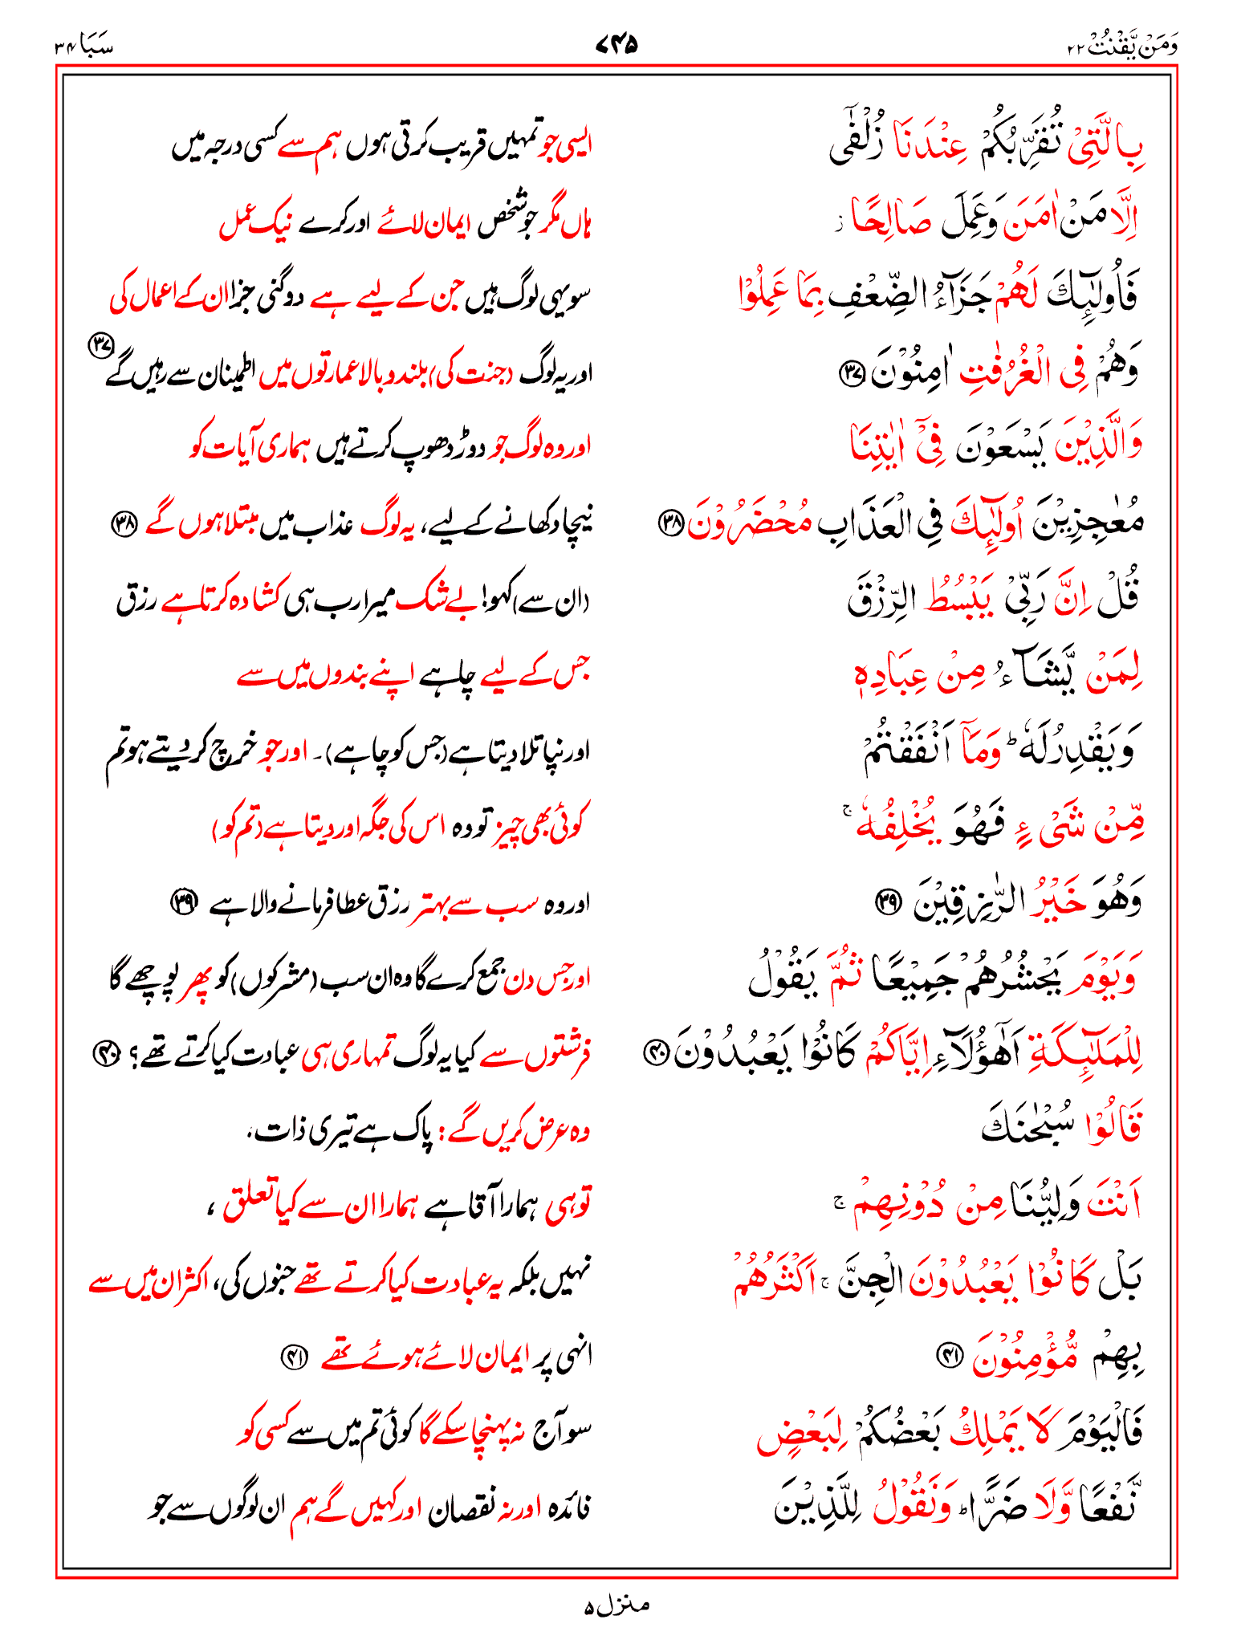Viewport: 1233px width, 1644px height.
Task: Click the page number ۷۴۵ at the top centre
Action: [616, 45]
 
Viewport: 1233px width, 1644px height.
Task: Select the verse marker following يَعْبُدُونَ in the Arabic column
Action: [657, 1054]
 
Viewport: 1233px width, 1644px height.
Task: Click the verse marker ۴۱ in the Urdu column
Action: [291, 1356]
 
